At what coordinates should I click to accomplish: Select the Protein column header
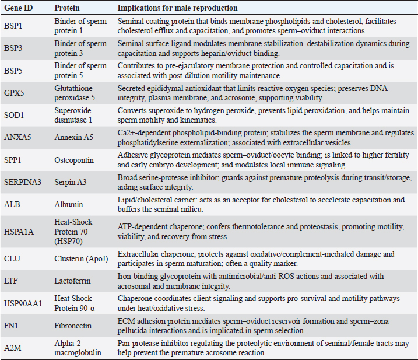pyautogui.click(x=67, y=8)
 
